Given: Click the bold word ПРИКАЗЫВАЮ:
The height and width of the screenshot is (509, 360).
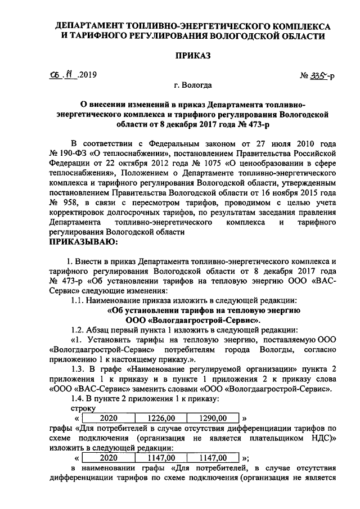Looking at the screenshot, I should tap(84, 242).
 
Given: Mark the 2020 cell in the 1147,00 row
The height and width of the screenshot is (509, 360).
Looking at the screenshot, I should tap(111, 458).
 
